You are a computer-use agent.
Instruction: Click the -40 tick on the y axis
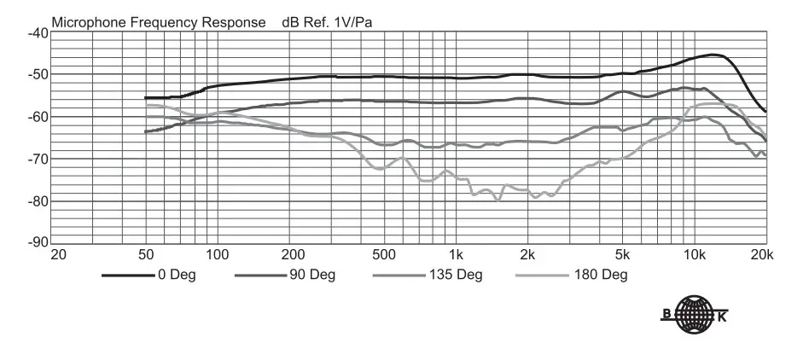click(x=38, y=33)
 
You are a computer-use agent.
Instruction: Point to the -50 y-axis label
click(x=38, y=75)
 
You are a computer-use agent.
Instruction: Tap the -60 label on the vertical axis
click(x=38, y=117)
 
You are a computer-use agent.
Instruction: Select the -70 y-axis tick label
click(x=38, y=160)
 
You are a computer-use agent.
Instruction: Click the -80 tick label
click(x=38, y=201)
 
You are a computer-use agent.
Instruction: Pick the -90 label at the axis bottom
click(x=38, y=243)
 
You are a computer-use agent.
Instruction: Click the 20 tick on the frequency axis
click(x=58, y=255)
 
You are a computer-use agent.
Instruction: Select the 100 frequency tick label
click(x=218, y=255)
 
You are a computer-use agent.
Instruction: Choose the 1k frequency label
click(x=457, y=255)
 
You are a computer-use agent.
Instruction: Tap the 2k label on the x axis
click(x=528, y=255)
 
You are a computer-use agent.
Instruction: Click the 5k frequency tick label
click(x=624, y=255)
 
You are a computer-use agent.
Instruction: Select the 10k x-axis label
click(x=695, y=255)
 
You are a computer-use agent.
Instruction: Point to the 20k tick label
click(x=762, y=255)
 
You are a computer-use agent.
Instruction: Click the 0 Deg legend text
click(x=176, y=276)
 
